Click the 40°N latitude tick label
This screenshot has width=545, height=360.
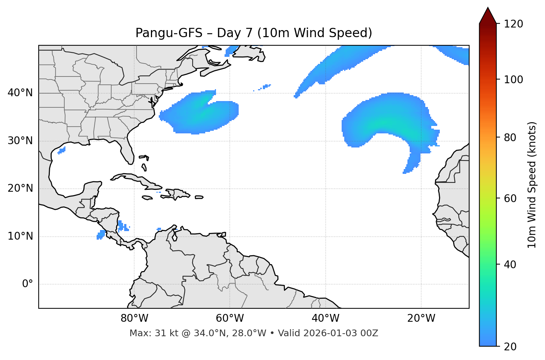[20, 93]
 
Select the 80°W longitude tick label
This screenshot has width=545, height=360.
[134, 318]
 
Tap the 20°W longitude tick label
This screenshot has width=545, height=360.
[421, 318]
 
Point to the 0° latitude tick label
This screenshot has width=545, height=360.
[28, 284]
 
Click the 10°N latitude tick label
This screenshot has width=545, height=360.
[20, 236]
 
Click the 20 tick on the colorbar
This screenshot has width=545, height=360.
[510, 347]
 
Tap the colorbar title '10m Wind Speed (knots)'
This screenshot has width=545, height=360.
[532, 185]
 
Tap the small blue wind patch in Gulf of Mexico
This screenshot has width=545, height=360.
[62, 150]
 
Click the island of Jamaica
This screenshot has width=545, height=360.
[147, 198]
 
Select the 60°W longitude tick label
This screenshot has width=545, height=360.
[229, 318]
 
